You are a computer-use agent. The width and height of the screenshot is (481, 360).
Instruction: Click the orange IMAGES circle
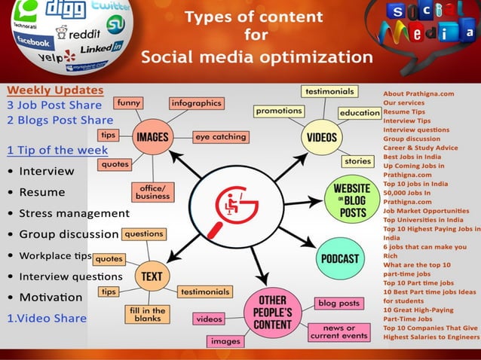152,138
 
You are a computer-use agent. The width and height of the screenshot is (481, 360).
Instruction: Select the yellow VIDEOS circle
322,138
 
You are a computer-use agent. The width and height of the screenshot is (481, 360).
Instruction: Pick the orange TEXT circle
152,276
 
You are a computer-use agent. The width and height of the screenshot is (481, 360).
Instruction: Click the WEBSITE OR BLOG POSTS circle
349,199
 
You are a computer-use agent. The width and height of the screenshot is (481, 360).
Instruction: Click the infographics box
196,102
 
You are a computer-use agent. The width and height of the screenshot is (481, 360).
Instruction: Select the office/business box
153,191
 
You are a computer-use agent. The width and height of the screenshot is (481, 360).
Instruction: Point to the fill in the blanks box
149,314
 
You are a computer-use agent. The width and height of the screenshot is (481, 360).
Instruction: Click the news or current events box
338,331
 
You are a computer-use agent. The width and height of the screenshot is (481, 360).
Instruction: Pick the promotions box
278,111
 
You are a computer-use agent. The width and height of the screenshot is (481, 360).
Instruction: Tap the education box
360,113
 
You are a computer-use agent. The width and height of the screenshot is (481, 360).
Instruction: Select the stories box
357,161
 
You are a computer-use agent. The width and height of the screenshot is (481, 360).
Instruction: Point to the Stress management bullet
74,213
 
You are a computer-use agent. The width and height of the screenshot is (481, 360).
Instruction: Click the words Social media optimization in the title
256,57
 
